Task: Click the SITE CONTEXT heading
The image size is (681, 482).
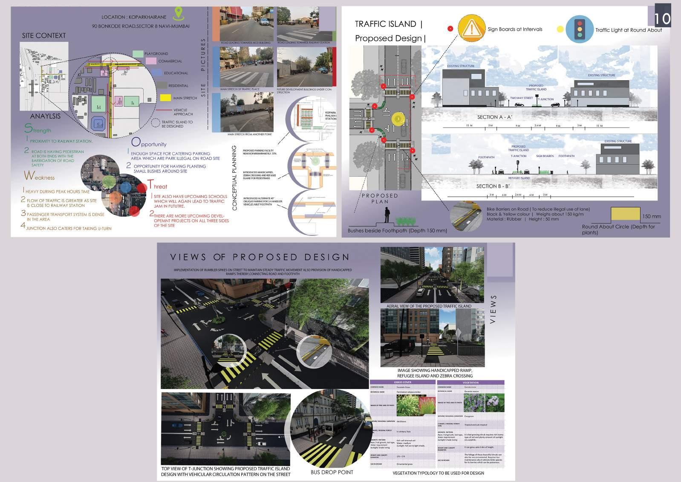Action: pos(44,36)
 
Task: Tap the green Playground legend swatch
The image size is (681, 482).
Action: pos(138,54)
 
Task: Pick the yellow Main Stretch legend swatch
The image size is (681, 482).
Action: pos(165,98)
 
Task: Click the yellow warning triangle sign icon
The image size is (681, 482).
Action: pos(471,29)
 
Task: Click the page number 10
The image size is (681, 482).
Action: pos(662,18)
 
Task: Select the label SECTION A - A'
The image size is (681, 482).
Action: pos(495,117)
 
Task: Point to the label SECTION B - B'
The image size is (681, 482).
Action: pos(493,186)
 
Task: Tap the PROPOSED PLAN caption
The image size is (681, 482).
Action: pos(379,198)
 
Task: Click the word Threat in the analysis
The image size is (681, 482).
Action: pos(157,186)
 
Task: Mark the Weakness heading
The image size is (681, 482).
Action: pos(39,176)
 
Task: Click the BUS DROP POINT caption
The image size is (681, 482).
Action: pos(332,472)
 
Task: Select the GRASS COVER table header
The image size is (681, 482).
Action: pos(403,382)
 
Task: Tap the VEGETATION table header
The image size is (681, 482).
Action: pos(470,382)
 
